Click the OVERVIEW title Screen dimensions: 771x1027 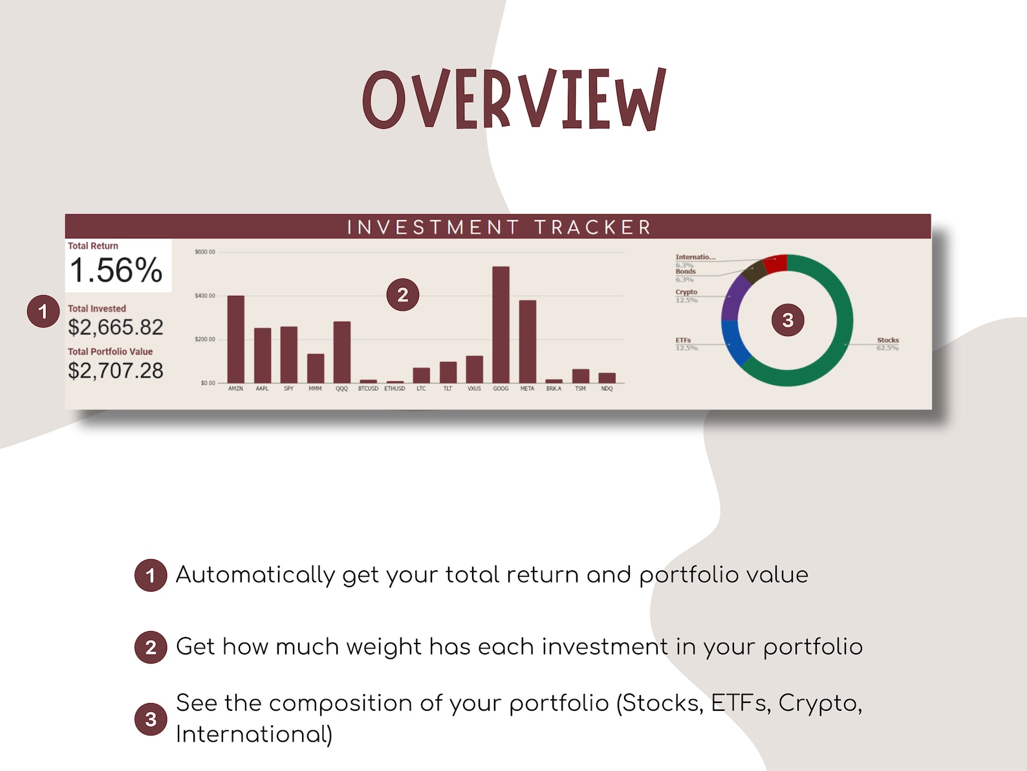pos(514,100)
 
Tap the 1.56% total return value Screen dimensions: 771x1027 pos(116,270)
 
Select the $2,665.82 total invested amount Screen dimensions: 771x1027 pos(116,328)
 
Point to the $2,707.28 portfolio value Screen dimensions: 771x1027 pos(116,371)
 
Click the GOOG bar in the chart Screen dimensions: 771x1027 pos(501,324)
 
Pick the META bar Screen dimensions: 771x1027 pos(527,341)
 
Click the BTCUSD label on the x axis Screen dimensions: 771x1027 pos(368,388)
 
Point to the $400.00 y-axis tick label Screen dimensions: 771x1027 pos(205,296)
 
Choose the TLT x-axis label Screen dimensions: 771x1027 pos(448,388)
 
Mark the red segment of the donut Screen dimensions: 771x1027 pos(775,263)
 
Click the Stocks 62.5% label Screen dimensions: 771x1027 pos(887,344)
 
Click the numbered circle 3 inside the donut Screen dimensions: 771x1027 pos(788,320)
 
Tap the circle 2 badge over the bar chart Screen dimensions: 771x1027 pos(402,295)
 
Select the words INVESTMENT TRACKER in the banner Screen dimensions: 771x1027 pos(499,227)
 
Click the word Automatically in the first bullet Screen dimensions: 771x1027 pos(255,575)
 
